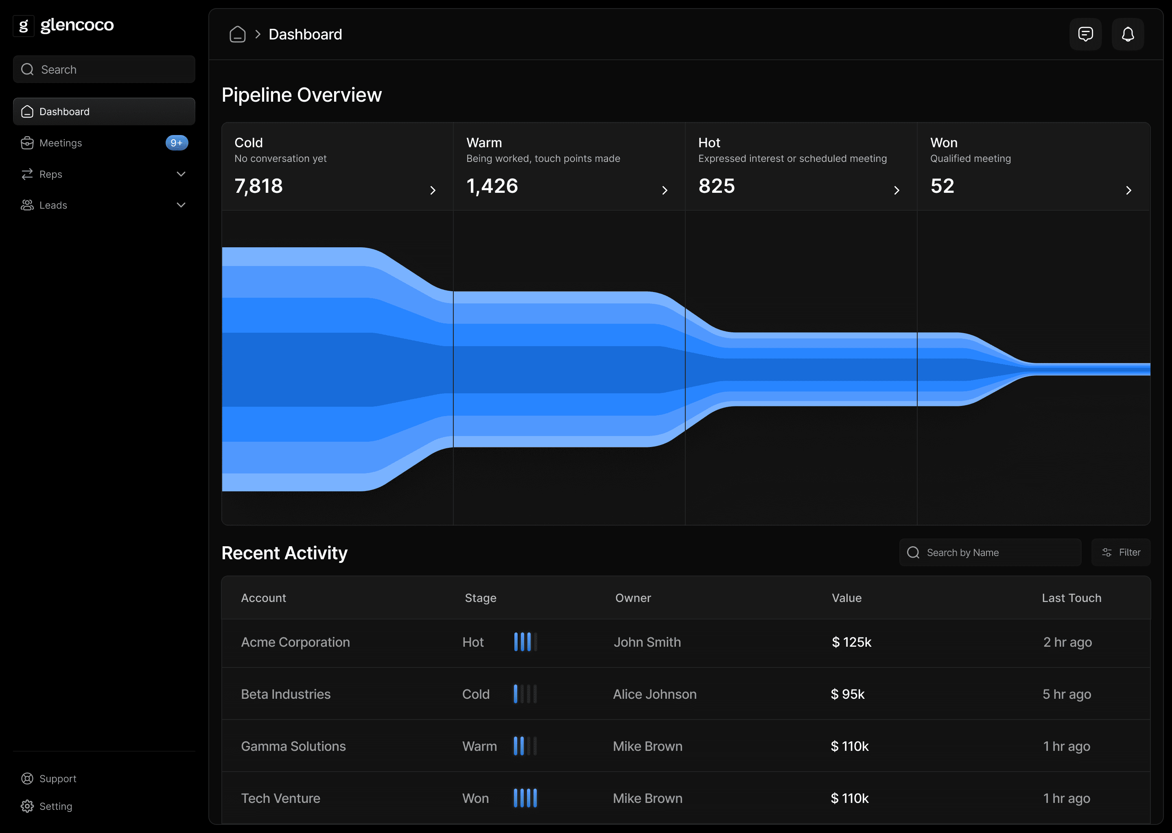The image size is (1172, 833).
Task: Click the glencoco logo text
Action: [x=77, y=25]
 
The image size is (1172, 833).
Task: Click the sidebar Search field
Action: [x=104, y=69]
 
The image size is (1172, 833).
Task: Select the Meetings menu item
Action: [x=61, y=143]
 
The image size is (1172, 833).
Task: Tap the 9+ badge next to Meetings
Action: [x=177, y=143]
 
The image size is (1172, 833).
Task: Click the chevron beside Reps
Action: [x=181, y=174]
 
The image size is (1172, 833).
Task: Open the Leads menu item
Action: [x=53, y=205]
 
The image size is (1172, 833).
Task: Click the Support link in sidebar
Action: [x=57, y=778]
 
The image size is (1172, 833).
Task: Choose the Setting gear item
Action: [x=55, y=806]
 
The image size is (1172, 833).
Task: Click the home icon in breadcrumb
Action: [x=238, y=34]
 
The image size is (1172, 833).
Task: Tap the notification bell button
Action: [x=1127, y=34]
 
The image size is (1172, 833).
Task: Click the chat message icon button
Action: [x=1085, y=34]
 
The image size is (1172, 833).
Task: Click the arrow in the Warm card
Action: [x=665, y=191]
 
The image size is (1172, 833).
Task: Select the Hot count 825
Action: [x=716, y=186]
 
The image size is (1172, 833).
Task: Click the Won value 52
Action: [x=942, y=186]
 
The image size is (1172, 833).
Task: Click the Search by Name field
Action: [x=991, y=552]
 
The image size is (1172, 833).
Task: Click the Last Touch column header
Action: [x=1071, y=598]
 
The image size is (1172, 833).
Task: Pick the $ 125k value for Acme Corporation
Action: [x=851, y=642]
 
